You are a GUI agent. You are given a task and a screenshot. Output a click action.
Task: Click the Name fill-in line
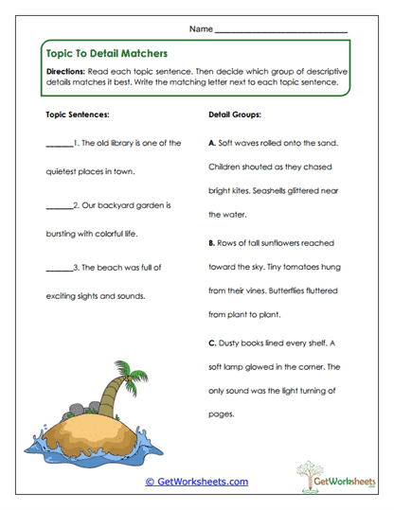pyautogui.click(x=281, y=31)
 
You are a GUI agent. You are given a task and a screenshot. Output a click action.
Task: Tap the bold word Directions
pyautogui.click(x=69, y=72)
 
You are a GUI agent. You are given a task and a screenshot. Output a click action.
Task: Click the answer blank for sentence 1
pyautogui.click(x=59, y=145)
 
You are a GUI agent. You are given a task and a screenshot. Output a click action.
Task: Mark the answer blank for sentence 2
pyautogui.click(x=59, y=204)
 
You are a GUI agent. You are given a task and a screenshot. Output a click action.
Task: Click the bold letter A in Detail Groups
pyautogui.click(x=210, y=144)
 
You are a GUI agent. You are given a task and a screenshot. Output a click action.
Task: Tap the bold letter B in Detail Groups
pyautogui.click(x=210, y=243)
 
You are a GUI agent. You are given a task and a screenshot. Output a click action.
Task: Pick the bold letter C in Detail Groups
pyautogui.click(x=210, y=343)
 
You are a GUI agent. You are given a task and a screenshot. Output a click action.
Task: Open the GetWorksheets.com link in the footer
pyautogui.click(x=196, y=482)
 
